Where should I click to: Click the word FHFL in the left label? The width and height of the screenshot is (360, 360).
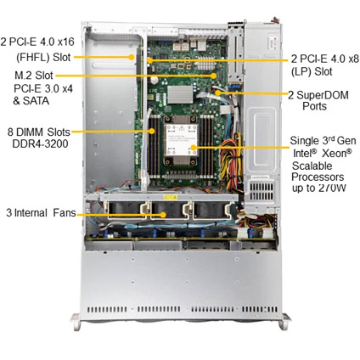(x=34, y=57)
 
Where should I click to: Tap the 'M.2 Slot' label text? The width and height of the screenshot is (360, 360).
(x=34, y=76)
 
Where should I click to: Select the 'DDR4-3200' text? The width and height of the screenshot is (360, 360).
(x=40, y=143)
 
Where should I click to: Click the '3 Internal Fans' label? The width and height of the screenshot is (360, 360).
(x=41, y=212)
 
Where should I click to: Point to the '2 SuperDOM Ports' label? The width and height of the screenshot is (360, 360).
(x=318, y=100)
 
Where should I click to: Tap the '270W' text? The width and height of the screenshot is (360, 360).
(x=332, y=188)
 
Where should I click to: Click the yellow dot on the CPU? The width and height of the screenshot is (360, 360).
(x=194, y=147)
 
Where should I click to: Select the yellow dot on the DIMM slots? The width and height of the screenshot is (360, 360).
(x=152, y=131)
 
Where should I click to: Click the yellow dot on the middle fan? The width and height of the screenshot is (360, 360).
(x=163, y=215)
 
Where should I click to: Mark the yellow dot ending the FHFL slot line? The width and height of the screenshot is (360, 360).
(x=132, y=57)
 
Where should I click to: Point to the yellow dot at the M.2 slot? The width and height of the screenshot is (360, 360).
(x=214, y=76)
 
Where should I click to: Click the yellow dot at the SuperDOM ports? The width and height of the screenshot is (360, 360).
(x=217, y=92)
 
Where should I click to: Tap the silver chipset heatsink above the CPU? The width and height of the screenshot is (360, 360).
(x=180, y=94)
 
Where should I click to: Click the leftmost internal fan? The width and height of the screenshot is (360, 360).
(x=126, y=210)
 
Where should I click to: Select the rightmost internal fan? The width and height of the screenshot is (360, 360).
(x=211, y=210)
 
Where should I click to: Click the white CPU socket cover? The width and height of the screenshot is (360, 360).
(x=182, y=140)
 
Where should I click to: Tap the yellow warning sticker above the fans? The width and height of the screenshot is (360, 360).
(x=171, y=197)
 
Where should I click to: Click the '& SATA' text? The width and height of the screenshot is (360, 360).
(x=31, y=100)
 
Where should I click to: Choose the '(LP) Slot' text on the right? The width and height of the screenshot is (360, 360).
(x=312, y=71)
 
